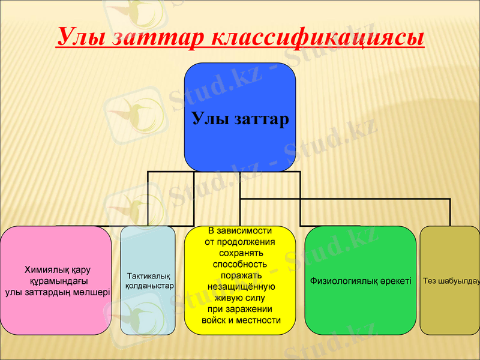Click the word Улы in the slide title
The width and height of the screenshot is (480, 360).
click(x=80, y=37)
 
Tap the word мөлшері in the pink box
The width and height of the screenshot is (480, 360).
click(x=92, y=292)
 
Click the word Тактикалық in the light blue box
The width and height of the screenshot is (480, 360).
click(x=148, y=275)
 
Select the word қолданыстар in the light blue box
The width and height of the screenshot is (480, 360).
click(x=149, y=286)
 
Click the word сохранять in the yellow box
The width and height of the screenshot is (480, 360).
click(x=240, y=253)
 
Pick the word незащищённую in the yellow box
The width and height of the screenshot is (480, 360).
click(x=241, y=286)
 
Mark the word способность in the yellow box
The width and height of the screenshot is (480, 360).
click(x=240, y=264)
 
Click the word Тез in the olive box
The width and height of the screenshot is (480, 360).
click(x=430, y=281)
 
